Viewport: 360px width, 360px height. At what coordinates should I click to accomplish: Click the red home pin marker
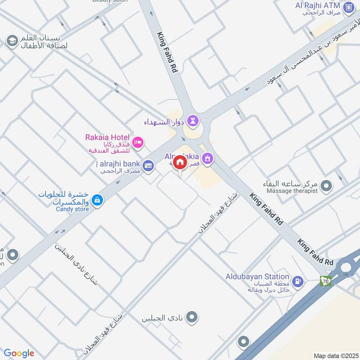click(x=180, y=162)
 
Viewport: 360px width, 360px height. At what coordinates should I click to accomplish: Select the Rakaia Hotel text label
click(x=108, y=137)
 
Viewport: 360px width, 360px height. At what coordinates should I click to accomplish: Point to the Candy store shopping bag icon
click(x=96, y=199)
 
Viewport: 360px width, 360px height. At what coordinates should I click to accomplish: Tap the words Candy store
click(x=72, y=209)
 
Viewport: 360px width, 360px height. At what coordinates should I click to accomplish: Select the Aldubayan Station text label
click(x=257, y=276)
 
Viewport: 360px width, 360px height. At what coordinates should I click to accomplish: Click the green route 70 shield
click(x=325, y=281)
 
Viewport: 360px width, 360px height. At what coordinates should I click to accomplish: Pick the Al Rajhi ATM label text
click(x=319, y=5)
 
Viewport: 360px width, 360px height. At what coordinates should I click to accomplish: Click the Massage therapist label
click(x=292, y=191)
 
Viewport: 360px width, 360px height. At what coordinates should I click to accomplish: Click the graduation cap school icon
click(x=12, y=41)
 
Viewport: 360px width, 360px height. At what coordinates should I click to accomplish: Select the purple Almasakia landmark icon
click(x=207, y=158)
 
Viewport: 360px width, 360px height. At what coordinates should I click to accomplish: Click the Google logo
click(x=19, y=353)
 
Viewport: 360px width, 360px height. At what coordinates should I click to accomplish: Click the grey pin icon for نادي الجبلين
click(x=192, y=317)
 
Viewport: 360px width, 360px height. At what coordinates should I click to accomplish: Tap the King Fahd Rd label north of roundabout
click(x=168, y=52)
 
